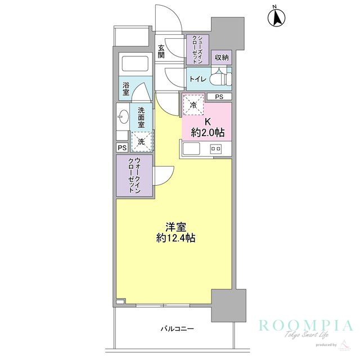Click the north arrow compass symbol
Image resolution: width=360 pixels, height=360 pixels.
click(276, 18)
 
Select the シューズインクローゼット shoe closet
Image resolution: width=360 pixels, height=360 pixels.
click(198, 49)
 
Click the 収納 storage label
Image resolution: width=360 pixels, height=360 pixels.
click(221, 57)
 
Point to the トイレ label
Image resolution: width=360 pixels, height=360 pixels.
click(196, 79)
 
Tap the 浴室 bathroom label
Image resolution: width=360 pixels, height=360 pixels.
click(125, 88)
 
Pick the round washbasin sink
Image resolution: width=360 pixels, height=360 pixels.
click(123, 117)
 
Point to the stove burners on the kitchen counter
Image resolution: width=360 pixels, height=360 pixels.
click(215, 149)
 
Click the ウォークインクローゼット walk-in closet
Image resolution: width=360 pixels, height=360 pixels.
click(134, 175)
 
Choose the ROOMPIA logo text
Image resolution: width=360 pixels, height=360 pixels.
click(305, 326)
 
